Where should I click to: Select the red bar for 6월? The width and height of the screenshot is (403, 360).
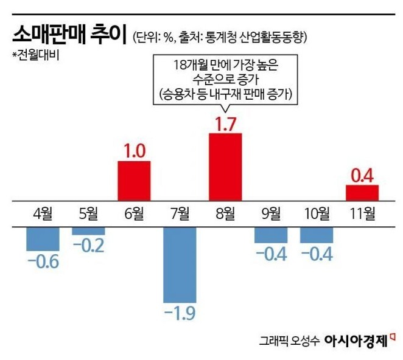tap(134, 180)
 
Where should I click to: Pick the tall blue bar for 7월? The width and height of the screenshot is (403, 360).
tap(180, 265)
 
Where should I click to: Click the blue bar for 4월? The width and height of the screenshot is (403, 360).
tap(43, 238)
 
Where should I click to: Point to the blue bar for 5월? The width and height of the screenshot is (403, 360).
tap(88, 230)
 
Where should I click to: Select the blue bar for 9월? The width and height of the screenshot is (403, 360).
tap(271, 235)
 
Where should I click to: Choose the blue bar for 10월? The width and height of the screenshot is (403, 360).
tap(317, 235)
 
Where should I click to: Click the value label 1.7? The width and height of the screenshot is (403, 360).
tap(225, 123)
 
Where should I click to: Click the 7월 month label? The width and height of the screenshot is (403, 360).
tap(180, 213)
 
